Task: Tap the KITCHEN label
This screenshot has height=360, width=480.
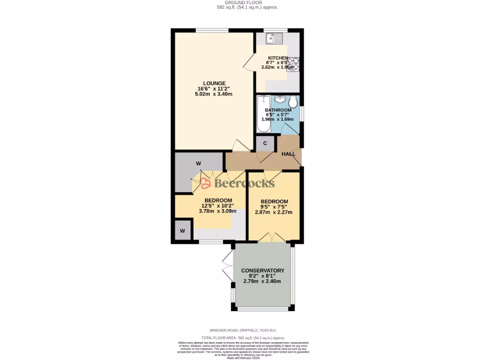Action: pyautogui.click(x=277, y=58)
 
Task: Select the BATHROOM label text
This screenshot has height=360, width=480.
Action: pyautogui.click(x=278, y=110)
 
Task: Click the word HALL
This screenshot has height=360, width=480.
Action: pyautogui.click(x=288, y=154)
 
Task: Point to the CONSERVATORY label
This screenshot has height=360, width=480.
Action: pyautogui.click(x=262, y=270)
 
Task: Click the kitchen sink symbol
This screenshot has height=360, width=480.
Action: pyautogui.click(x=275, y=39)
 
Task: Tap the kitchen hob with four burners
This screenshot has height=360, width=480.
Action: pyautogui.click(x=293, y=64)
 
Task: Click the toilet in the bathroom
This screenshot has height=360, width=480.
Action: pyautogui.click(x=293, y=102)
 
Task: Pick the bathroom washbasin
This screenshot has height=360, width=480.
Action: pyautogui.click(x=280, y=99)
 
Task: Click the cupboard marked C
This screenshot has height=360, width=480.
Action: pyautogui.click(x=265, y=143)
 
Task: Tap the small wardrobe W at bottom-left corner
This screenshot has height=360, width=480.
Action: pyautogui.click(x=182, y=231)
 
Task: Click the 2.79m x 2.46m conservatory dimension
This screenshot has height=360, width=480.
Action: pyautogui.click(x=262, y=281)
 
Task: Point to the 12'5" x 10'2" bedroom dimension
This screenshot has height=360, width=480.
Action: pyautogui.click(x=218, y=206)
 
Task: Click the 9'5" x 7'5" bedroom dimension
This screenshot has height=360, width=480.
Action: pyautogui.click(x=274, y=207)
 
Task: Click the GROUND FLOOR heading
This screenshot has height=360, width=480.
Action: pyautogui.click(x=240, y=2)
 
